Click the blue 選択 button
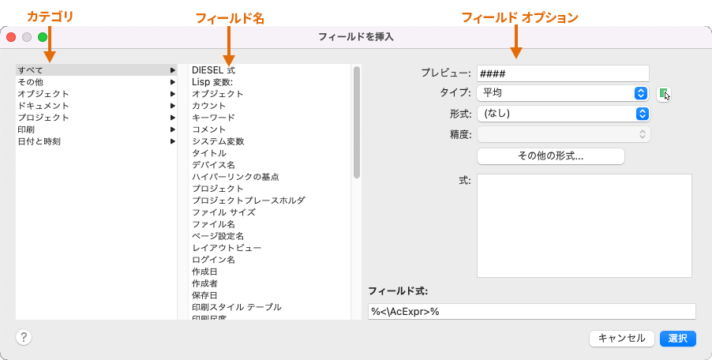pyautogui.click(x=678, y=338)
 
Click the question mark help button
pyautogui.click(x=24, y=337)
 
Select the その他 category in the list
pyautogui.click(x=31, y=82)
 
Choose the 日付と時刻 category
pyautogui.click(x=39, y=141)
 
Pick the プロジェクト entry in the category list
pyautogui.click(x=43, y=118)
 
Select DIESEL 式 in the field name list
pyautogui.click(x=213, y=70)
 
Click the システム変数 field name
pyautogui.click(x=218, y=141)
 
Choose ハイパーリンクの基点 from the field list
pyautogui.click(x=235, y=177)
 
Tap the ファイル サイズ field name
pyautogui.click(x=223, y=212)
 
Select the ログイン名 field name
pyautogui.click(x=213, y=260)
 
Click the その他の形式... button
pyautogui.click(x=550, y=156)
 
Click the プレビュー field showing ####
pyautogui.click(x=563, y=73)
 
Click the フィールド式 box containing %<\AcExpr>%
pyautogui.click(x=531, y=312)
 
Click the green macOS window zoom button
pyautogui.click(x=43, y=36)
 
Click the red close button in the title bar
pyautogui.click(x=11, y=36)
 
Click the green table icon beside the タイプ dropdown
pyautogui.click(x=663, y=93)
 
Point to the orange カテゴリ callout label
pyautogui.click(x=50, y=17)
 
